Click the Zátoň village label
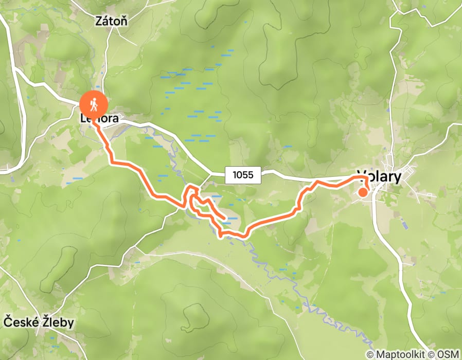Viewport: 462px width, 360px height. (112, 21)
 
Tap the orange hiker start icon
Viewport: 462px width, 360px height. (93, 105)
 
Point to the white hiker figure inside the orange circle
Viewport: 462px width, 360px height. (93, 105)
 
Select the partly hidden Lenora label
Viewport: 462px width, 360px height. (100, 119)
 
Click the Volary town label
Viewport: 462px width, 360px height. (379, 177)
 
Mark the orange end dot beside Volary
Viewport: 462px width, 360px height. (363, 192)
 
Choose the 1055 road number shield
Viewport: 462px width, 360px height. (243, 175)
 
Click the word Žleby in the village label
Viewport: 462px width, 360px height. (58, 322)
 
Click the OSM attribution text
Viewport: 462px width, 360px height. (450, 354)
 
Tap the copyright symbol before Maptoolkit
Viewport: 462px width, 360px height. (370, 354)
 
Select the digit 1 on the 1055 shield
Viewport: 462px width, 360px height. (235, 175)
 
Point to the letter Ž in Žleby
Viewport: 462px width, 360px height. (46, 322)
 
